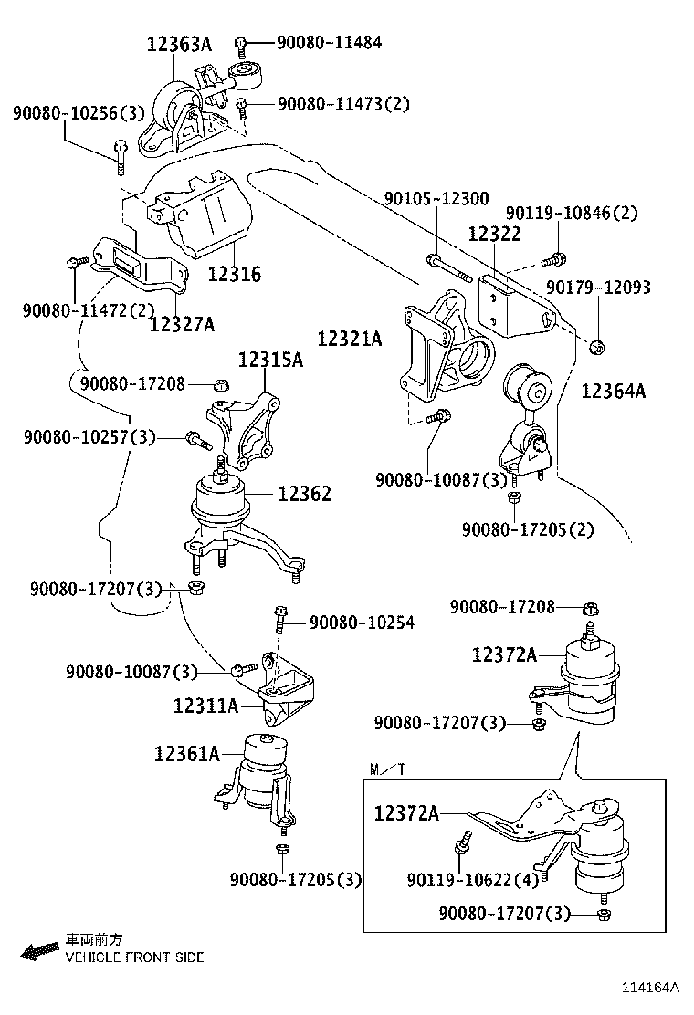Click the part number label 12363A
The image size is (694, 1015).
[x=179, y=44]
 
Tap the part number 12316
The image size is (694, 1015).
[x=234, y=274]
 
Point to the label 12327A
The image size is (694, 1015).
[x=182, y=325]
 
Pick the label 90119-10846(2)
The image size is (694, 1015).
[x=572, y=213]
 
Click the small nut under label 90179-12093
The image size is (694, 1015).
[x=598, y=346]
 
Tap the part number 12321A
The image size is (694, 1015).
[x=350, y=339]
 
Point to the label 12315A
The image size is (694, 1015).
[x=270, y=360]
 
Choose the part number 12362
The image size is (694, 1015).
[x=304, y=494]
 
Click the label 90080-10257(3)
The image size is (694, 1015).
[x=90, y=438]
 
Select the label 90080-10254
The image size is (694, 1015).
[x=362, y=623]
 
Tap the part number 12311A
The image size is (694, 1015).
[x=205, y=705]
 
